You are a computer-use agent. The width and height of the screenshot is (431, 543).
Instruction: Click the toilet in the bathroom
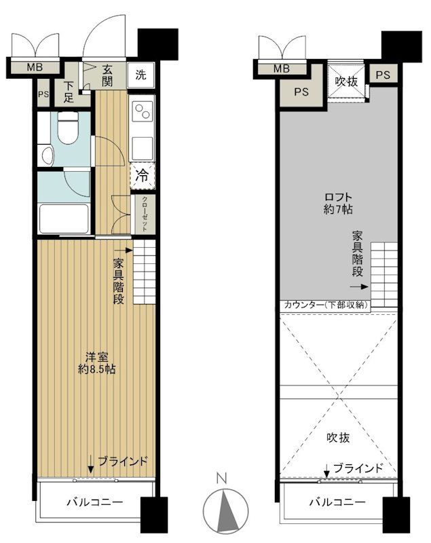[x=67, y=128]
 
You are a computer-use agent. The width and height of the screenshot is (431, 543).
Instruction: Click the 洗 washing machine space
[x=140, y=75]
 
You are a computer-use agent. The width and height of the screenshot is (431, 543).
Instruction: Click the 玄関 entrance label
[x=109, y=75]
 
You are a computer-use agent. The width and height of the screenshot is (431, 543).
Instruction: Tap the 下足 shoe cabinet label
[x=70, y=92]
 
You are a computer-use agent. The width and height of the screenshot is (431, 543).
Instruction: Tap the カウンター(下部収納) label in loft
[x=324, y=305]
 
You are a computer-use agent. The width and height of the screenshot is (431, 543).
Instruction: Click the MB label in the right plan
[x=281, y=69]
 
